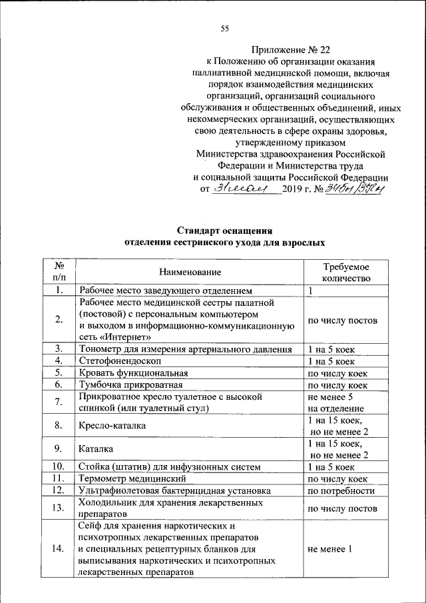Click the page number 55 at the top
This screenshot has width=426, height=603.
[x=224, y=27]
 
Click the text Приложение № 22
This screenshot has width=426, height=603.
[x=290, y=49]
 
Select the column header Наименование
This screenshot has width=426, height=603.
[x=190, y=272]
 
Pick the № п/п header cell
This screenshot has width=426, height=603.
[x=59, y=272]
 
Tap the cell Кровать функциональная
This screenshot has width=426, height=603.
[x=132, y=372]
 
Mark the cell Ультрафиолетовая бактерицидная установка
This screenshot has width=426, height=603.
[x=174, y=491]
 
